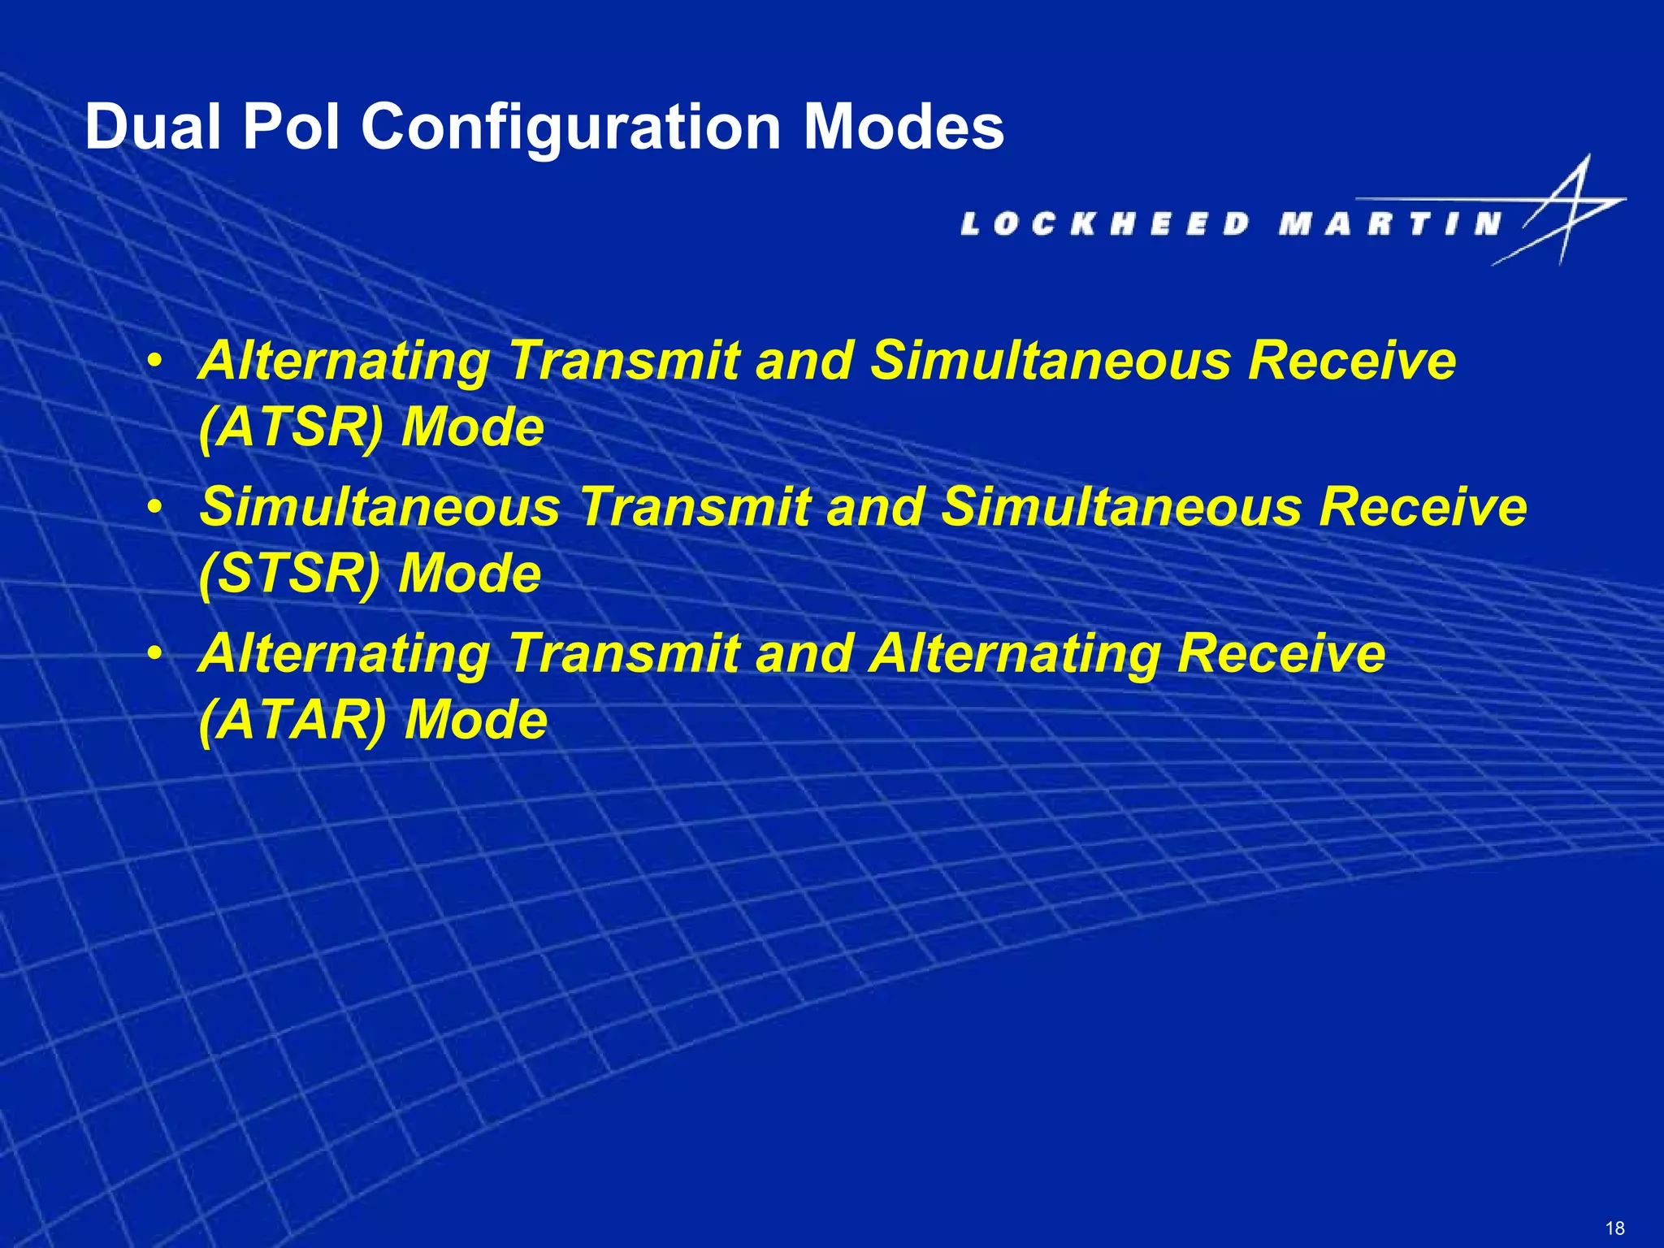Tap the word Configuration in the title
(x=570, y=128)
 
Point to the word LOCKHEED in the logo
(x=1105, y=223)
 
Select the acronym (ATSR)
(x=290, y=427)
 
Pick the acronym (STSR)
(x=289, y=574)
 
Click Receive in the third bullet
(x=1281, y=653)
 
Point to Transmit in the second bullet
(x=695, y=507)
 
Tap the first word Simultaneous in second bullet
(x=380, y=507)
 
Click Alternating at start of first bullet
(x=344, y=361)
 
